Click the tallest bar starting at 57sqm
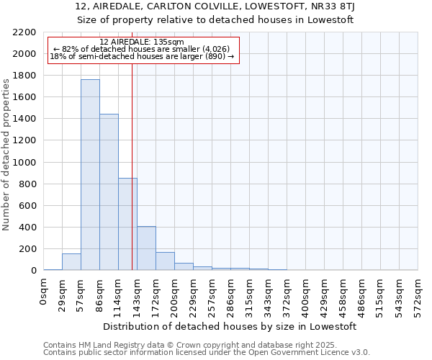pos(90,175)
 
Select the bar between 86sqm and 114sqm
pos(109,192)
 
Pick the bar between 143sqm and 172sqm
pos(146,248)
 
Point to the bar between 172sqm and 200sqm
pos(165,261)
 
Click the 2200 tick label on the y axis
pos(23,32)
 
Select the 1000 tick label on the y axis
pos(23,163)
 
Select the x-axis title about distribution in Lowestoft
pos(230,326)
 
